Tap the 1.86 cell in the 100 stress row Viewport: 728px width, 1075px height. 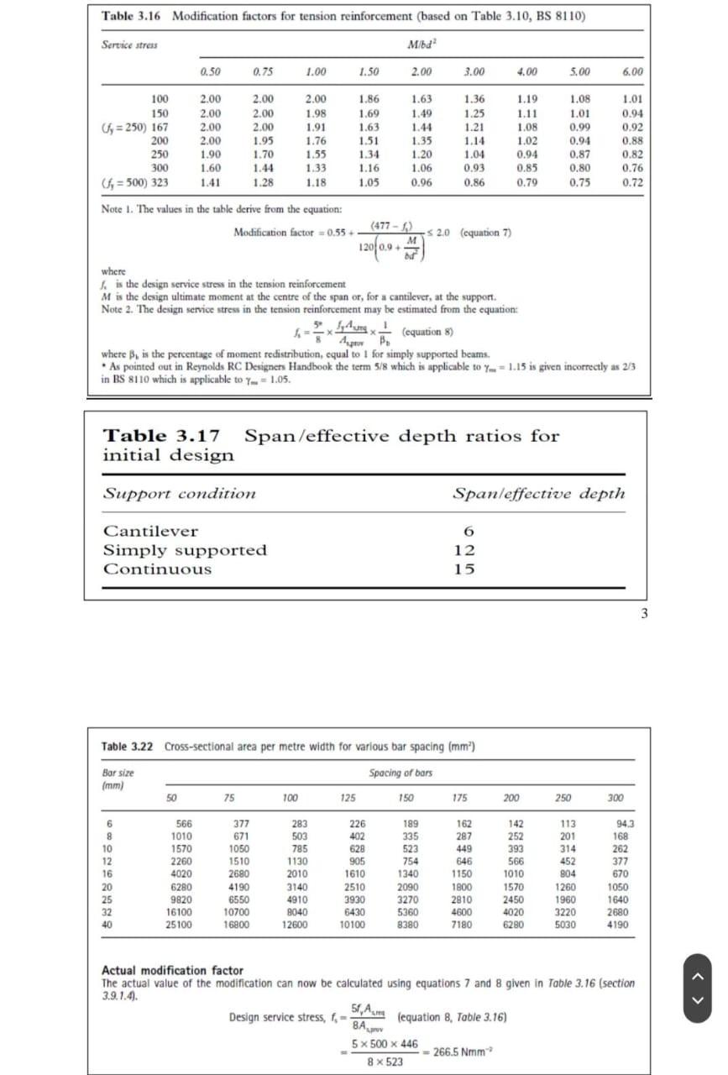(368, 99)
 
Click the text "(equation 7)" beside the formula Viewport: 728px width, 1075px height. (486, 233)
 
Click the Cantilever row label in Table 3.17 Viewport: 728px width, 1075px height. (150, 531)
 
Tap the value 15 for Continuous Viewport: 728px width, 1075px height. (464, 569)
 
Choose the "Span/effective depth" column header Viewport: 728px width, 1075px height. (539, 493)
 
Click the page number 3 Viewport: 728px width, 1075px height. (644, 613)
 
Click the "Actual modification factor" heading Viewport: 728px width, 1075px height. (172, 970)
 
